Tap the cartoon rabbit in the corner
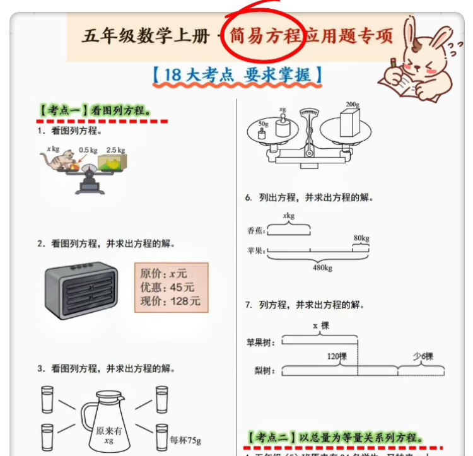419,60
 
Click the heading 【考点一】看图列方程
95,110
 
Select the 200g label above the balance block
352,104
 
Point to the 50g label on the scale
263,124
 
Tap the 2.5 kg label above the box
115,150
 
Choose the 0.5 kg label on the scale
88,150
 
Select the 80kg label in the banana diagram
361,238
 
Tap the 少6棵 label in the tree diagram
423,356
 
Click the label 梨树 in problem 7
260,371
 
